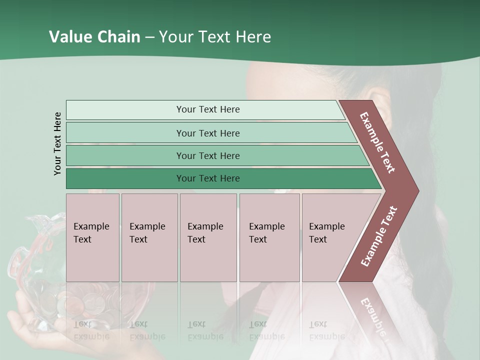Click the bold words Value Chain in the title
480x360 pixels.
(x=94, y=37)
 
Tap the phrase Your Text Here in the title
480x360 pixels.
(x=215, y=37)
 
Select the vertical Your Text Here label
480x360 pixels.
(x=57, y=143)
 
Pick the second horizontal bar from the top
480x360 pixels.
(x=207, y=133)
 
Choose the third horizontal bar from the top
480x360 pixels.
(x=207, y=155)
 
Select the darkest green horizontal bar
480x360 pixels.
(x=207, y=178)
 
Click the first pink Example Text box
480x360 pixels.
(x=92, y=237)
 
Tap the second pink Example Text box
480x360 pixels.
(x=149, y=237)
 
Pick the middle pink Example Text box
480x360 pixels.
(x=208, y=237)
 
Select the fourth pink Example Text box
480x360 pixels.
(x=269, y=237)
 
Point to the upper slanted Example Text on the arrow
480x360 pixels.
(x=377, y=142)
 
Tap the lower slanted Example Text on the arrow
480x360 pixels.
(x=379, y=236)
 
